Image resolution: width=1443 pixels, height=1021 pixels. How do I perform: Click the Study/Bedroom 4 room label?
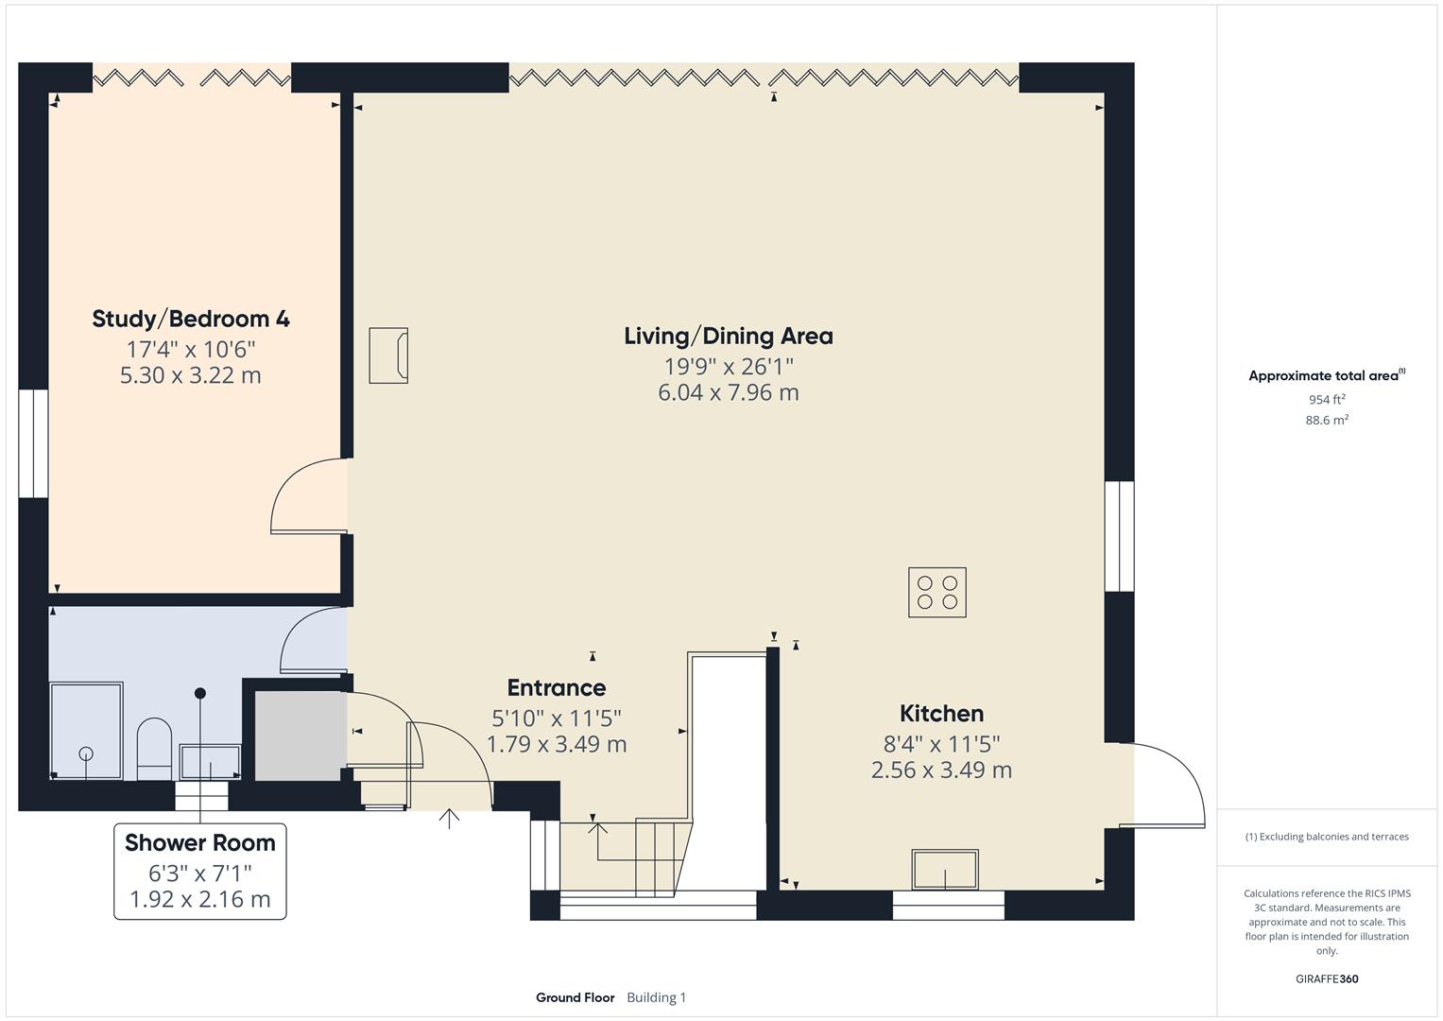191,319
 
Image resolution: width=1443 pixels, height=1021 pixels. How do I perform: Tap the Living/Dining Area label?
728,336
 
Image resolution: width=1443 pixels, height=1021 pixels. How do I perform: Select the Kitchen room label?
941,714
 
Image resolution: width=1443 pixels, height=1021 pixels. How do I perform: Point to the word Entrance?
556,688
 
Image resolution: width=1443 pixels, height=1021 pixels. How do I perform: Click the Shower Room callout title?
200,842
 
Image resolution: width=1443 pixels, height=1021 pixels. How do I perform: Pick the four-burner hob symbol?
936,593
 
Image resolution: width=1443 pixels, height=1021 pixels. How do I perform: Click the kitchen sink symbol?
944,869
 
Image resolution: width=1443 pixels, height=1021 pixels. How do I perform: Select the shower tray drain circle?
86,753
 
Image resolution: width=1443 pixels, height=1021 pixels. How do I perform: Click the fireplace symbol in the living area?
388,355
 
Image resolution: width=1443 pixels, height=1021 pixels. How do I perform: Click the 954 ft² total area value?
1326,400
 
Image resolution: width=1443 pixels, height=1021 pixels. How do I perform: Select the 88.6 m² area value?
1326,421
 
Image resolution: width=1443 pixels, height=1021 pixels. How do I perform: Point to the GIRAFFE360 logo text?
1327,979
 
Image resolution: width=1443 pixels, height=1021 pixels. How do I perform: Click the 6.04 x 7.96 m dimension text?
728,392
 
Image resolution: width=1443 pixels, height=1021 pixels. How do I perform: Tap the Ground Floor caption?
575,997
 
